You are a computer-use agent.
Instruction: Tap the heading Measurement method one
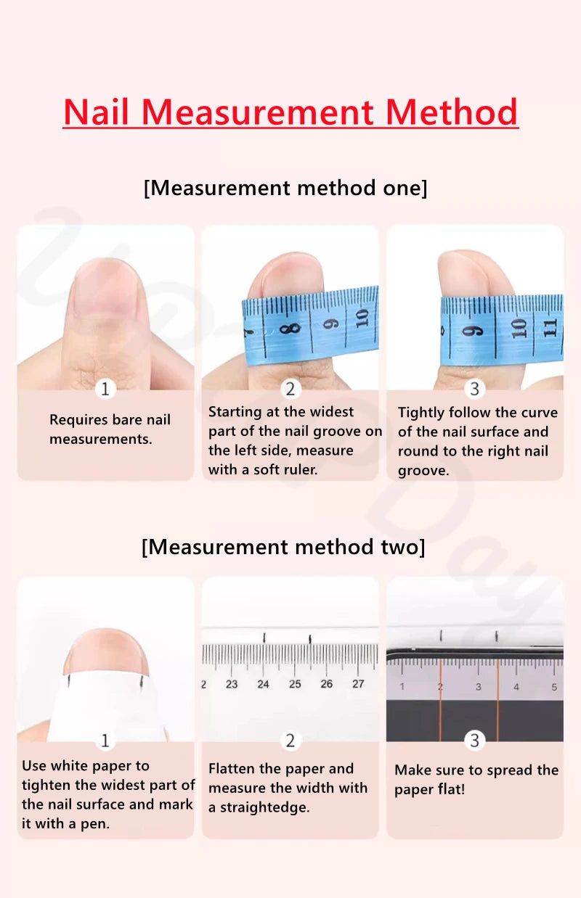pos(285,188)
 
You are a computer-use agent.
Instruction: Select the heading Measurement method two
pos(283,546)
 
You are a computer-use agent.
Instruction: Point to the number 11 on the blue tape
pos(550,326)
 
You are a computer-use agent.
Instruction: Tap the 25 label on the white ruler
pos(295,684)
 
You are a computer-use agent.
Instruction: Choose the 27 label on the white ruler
pos(358,684)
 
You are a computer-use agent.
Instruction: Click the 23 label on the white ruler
pos(232,684)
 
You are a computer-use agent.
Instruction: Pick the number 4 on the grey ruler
pos(516,686)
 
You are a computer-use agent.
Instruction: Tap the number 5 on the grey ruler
pos(554,686)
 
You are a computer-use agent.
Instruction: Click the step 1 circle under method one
pos(105,389)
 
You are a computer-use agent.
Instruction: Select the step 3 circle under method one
pos(475,389)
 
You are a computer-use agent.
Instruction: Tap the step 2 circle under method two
pos(290,740)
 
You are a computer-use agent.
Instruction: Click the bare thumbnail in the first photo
pos(105,290)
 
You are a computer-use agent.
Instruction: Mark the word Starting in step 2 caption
pos(235,412)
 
